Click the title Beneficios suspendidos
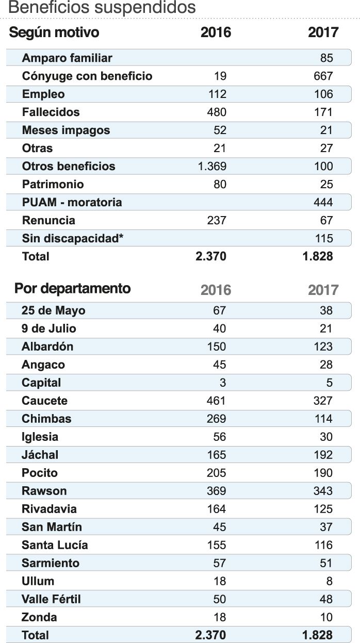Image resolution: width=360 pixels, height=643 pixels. [x=102, y=8]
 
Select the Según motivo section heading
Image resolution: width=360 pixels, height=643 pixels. [x=54, y=32]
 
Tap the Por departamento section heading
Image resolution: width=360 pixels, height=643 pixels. [x=73, y=288]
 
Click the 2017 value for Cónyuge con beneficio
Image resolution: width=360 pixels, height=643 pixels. [x=323, y=76]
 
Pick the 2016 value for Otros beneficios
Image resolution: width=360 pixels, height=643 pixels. [x=212, y=167]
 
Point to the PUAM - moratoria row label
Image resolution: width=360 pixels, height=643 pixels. [x=72, y=202]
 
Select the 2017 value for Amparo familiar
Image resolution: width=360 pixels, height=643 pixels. [x=326, y=58]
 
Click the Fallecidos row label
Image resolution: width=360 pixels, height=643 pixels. [x=51, y=112]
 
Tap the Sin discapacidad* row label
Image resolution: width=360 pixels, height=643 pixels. [x=73, y=238]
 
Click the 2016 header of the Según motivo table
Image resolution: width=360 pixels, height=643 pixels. [x=216, y=33]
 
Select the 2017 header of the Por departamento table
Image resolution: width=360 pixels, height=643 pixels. [x=323, y=290]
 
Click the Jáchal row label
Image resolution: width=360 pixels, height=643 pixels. [x=40, y=455]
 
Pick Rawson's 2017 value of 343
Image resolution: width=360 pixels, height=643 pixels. [x=323, y=491]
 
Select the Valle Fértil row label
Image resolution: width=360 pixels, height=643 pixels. [x=52, y=599]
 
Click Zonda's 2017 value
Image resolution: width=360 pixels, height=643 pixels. [x=326, y=617]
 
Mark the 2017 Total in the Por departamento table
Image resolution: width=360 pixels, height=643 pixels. [x=318, y=635]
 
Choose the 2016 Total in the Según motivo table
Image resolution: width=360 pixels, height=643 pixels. [x=211, y=256]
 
